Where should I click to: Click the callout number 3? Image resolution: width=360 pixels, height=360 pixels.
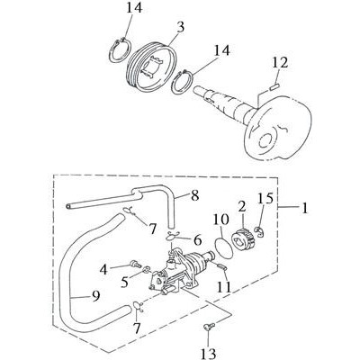tap(180, 27)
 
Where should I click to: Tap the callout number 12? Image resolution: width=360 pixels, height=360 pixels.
tap(281, 63)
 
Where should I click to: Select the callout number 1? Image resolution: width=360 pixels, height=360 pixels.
tap(304, 208)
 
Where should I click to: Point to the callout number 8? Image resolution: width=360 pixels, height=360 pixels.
tap(194, 196)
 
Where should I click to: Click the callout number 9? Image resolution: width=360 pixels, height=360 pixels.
tap(95, 296)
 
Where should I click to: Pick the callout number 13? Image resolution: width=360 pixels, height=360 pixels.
tap(208, 353)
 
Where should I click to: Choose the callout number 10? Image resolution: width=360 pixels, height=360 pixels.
tap(221, 220)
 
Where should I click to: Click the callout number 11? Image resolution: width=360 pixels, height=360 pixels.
tap(224, 287)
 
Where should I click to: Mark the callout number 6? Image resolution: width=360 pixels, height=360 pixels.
tap(197, 240)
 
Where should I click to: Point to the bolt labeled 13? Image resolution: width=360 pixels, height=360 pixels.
tap(209, 326)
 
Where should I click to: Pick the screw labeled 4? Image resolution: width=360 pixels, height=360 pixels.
tap(136, 265)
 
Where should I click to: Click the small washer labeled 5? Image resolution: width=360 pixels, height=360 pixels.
tap(147, 270)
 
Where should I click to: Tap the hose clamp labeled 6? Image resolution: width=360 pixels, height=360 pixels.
tap(172, 236)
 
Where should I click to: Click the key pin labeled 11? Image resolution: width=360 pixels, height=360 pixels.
tap(221, 266)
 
